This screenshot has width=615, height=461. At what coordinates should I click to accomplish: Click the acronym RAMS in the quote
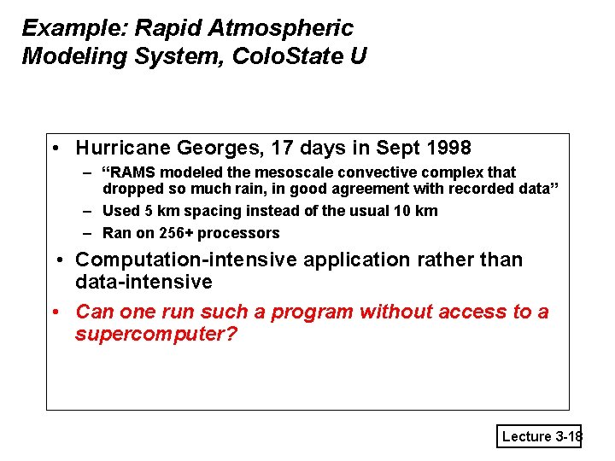click(x=137, y=172)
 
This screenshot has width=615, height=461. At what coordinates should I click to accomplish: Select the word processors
click(x=238, y=233)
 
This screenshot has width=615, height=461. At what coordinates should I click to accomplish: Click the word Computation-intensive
click(x=185, y=260)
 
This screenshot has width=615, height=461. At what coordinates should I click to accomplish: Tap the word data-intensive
click(x=143, y=282)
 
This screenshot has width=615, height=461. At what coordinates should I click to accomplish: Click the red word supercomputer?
click(x=155, y=334)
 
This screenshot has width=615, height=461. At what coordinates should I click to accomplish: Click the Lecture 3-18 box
click(x=539, y=436)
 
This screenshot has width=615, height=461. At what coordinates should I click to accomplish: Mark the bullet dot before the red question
click(x=55, y=312)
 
